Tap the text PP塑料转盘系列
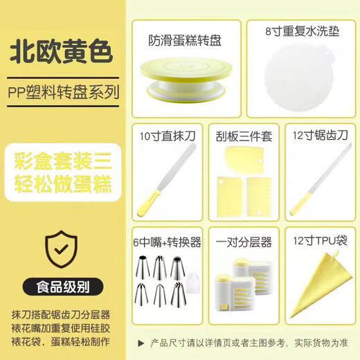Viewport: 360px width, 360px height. click(64, 91)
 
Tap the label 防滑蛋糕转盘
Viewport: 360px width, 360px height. click(185, 40)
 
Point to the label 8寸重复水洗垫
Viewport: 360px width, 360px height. click(298, 32)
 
